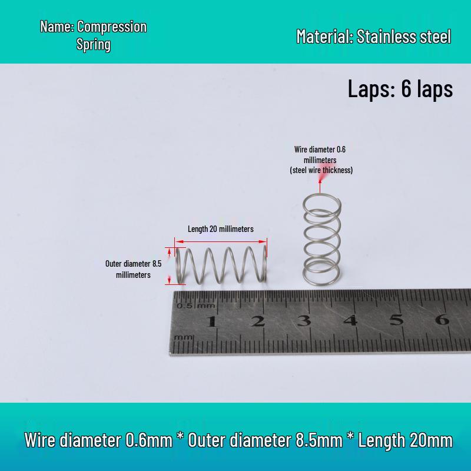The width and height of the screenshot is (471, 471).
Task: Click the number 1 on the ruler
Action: point(212,321)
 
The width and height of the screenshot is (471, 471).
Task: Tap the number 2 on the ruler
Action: point(258,321)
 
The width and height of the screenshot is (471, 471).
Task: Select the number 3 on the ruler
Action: point(304,320)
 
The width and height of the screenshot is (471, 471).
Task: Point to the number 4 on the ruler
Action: point(350,320)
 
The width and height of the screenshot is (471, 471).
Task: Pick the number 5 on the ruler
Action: point(396,320)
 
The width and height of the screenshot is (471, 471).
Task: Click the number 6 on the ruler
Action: point(443,319)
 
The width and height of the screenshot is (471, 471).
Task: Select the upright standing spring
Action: point(321,240)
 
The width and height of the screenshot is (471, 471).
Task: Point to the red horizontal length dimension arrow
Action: point(221,241)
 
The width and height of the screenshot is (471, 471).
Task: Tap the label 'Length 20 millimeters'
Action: point(221,229)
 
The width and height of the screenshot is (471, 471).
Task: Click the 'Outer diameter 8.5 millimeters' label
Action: point(134,269)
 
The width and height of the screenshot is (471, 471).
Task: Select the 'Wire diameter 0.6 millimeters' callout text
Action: point(320,154)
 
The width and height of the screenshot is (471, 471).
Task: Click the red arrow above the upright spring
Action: point(320,184)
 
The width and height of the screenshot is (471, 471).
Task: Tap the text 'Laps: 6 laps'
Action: point(400,89)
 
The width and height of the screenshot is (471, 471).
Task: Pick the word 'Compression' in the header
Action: point(112,26)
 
